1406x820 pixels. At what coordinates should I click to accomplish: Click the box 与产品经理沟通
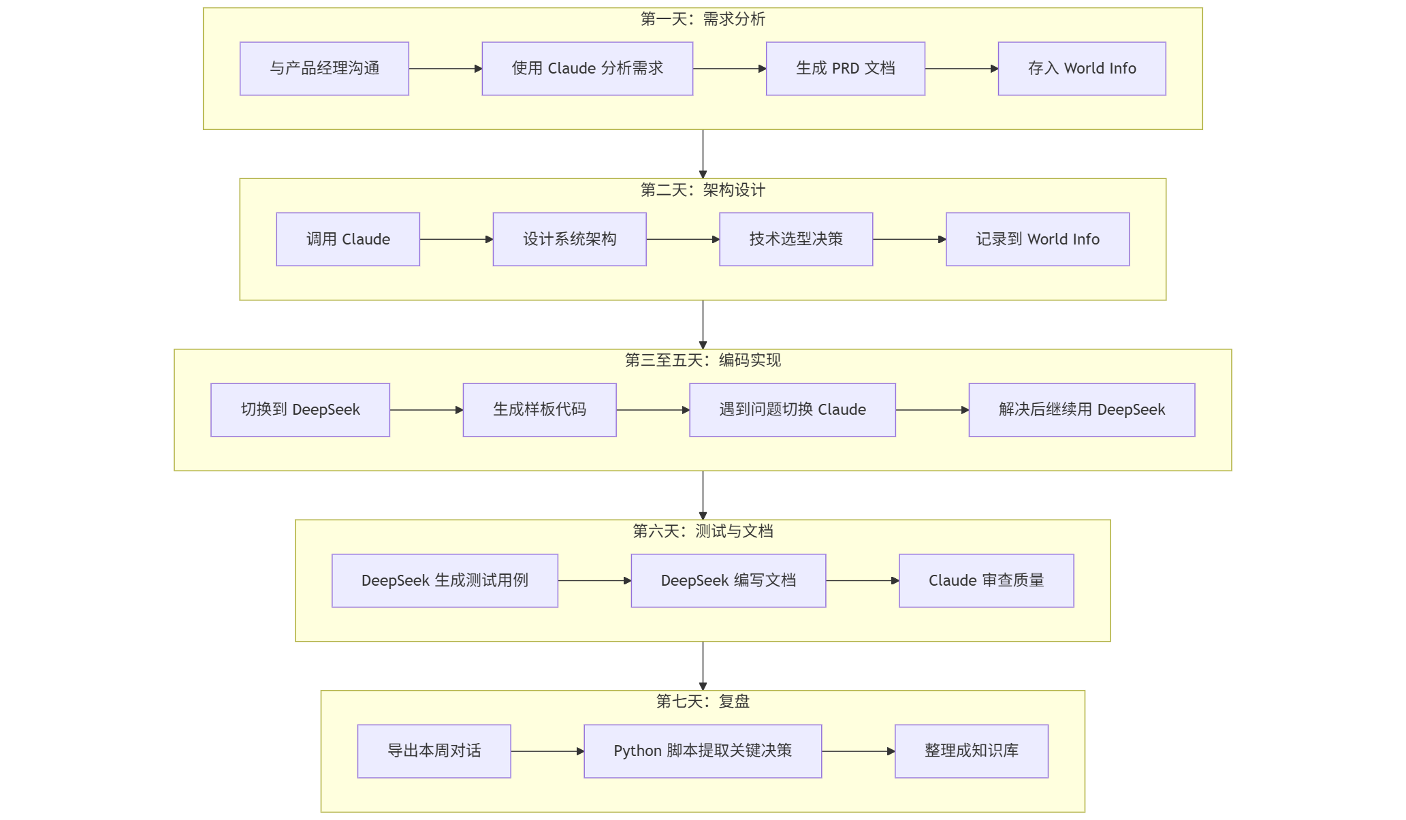[x=324, y=69]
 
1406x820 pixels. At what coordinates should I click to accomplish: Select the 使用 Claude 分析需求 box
[x=587, y=69]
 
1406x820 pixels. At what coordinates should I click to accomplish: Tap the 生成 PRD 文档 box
[x=845, y=69]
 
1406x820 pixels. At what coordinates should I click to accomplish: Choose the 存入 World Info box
[x=1081, y=69]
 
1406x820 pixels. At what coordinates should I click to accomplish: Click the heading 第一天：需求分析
[x=703, y=19]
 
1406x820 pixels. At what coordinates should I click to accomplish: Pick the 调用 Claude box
[x=347, y=239]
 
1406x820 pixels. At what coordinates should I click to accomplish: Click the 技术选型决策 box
[x=795, y=239]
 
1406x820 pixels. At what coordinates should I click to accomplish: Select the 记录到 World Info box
[x=1037, y=239]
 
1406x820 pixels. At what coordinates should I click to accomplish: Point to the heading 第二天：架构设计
[x=703, y=190]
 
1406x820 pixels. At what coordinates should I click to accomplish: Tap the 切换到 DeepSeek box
[x=300, y=410]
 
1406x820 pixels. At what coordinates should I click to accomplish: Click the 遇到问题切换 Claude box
[x=792, y=410]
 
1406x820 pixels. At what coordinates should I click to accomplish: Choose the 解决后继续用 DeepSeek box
[x=1081, y=410]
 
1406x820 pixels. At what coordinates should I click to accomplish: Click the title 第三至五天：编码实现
[x=703, y=360]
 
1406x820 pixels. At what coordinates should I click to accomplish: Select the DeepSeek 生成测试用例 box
[x=445, y=580]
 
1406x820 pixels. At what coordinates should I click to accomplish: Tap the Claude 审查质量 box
[x=986, y=580]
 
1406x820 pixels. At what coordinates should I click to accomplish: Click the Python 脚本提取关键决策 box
[x=703, y=751]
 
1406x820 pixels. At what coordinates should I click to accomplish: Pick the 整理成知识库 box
[x=971, y=751]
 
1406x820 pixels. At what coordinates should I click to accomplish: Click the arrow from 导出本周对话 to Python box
[x=547, y=751]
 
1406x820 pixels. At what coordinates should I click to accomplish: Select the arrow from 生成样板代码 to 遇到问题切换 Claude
[x=652, y=410]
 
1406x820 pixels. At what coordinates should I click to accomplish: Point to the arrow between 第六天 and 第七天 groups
[x=703, y=665]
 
